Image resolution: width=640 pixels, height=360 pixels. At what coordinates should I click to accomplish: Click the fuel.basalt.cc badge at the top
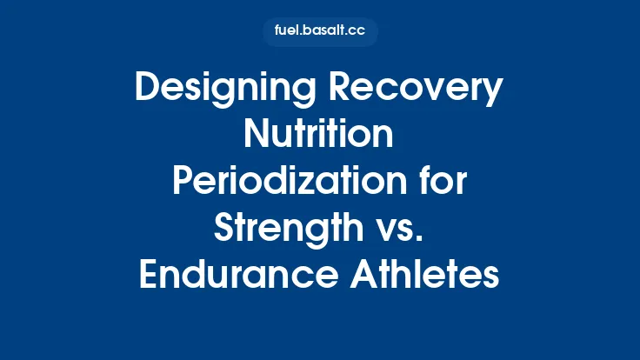pos(320,32)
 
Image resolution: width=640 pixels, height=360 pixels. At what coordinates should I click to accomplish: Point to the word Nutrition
pos(320,137)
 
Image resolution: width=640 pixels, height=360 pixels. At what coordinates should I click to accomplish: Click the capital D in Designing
pos(147,90)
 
